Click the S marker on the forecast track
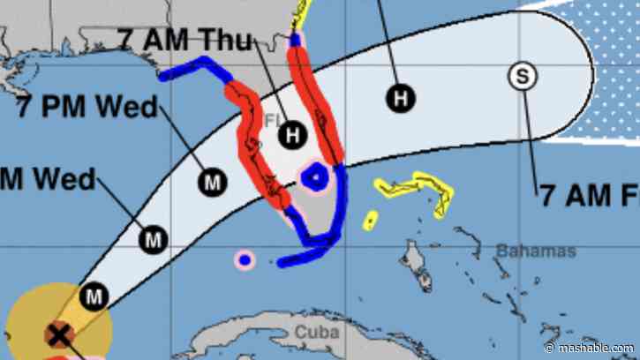point(522,77)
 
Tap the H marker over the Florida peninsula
point(291,135)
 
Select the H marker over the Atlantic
point(401,97)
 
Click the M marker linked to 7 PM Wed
point(213,183)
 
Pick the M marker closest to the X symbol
point(93,297)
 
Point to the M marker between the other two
point(154,238)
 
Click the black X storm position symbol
point(58,334)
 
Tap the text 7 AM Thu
point(184,39)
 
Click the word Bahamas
point(535,251)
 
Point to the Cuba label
point(316,333)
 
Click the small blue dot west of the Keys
point(244,259)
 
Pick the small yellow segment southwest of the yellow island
point(371,218)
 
